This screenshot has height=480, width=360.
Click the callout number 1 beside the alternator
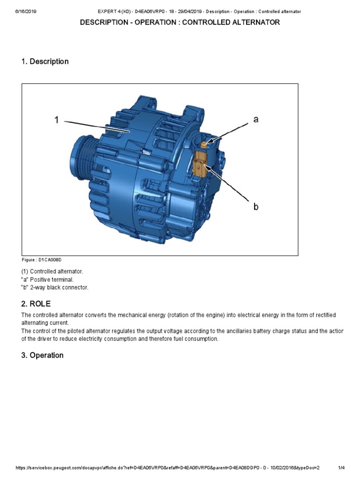(x=56, y=120)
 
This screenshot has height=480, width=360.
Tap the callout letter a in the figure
(x=255, y=120)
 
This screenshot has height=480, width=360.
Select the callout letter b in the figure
(x=256, y=206)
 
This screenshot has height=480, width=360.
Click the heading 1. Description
(x=45, y=61)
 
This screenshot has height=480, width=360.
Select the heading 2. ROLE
(x=36, y=304)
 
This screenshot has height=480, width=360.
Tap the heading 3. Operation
(x=42, y=355)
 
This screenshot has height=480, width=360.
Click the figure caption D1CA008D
(x=41, y=260)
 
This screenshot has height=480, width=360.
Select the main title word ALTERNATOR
(x=254, y=22)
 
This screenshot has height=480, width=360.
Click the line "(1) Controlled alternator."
(x=52, y=272)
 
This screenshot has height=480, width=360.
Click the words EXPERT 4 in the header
(x=108, y=11)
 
